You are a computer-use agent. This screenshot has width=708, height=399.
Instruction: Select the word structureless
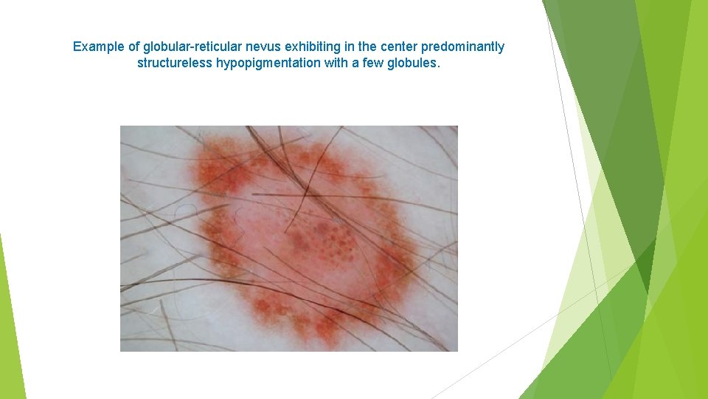pyautogui.click(x=175, y=64)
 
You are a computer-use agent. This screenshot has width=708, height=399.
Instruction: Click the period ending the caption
pyautogui.click(x=439, y=64)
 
